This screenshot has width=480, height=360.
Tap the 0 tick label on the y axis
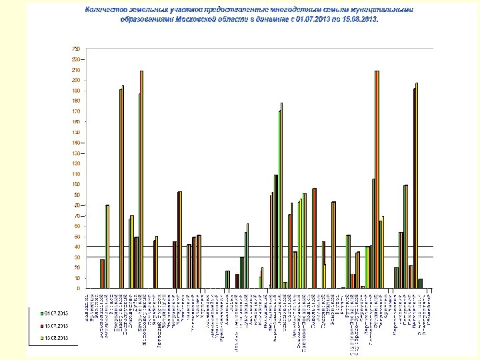[78, 288]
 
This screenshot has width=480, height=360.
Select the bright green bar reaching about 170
[279, 199]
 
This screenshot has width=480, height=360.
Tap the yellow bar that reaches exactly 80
[108, 247]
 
